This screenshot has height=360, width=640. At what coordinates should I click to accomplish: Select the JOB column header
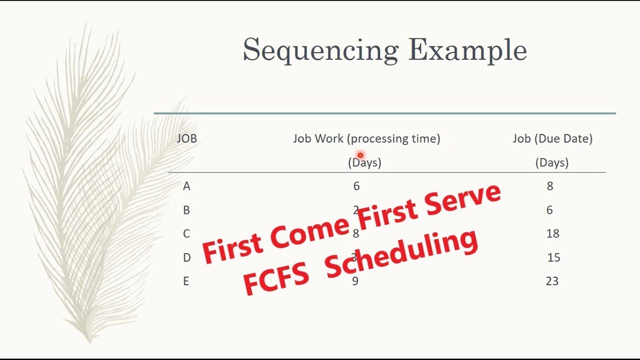point(187,138)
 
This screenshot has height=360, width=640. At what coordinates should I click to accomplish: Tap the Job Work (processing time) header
point(366,138)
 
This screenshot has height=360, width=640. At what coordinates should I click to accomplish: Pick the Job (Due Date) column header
point(552,138)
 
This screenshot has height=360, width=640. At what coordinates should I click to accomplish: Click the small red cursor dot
point(360,155)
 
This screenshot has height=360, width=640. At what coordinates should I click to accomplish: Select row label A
point(186,186)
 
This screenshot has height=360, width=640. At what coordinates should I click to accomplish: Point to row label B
point(186,210)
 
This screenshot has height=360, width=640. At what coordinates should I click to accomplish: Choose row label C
point(186,233)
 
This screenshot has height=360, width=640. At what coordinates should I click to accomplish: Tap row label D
point(186,257)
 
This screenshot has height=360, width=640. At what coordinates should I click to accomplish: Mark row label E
point(186,281)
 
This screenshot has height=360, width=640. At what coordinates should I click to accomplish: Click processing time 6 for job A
point(356,186)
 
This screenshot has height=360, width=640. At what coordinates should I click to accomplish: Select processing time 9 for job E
point(355,281)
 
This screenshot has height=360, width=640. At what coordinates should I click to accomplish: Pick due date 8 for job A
point(550,186)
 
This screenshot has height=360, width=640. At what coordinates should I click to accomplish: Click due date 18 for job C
point(552,233)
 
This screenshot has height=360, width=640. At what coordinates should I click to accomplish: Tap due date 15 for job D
point(553,257)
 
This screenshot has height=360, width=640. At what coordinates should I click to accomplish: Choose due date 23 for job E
point(552,281)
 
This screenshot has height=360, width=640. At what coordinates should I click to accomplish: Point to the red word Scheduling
point(400,255)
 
